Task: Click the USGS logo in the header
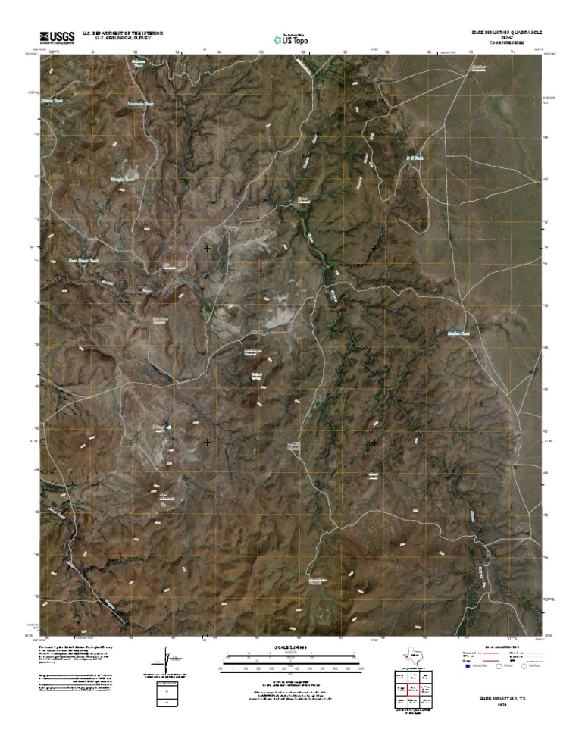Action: [52, 36]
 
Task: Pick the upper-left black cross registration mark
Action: [207, 248]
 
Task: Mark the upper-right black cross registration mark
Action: [374, 248]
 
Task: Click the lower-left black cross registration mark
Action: [207, 441]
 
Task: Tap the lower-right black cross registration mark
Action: [374, 441]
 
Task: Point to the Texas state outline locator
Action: [414, 653]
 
